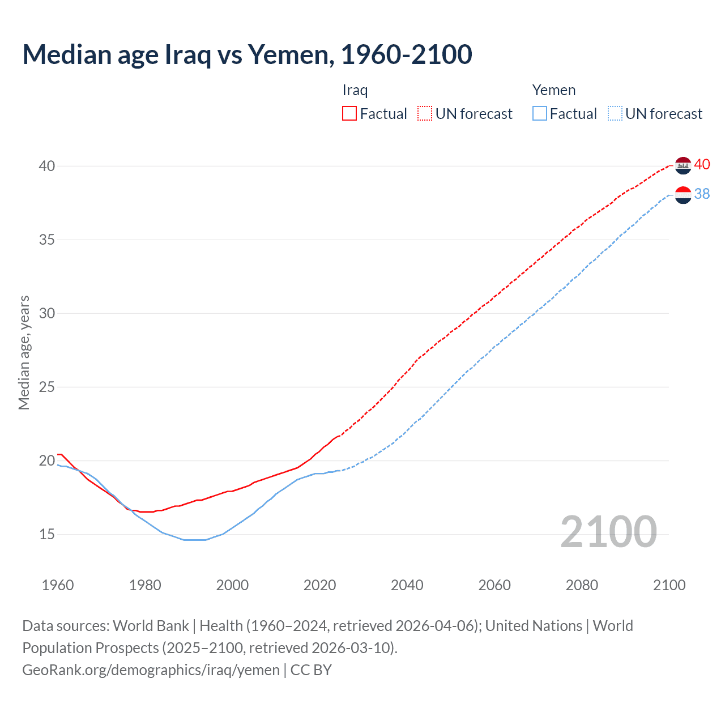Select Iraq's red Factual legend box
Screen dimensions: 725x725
(x=349, y=113)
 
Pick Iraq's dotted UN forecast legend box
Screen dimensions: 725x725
(x=425, y=113)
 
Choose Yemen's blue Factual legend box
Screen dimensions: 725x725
(x=540, y=113)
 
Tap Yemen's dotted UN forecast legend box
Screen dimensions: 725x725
(x=615, y=113)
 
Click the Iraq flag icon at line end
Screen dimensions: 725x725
(x=684, y=165)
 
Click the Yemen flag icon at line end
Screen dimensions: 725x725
(x=684, y=195)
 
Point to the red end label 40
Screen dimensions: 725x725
(x=702, y=164)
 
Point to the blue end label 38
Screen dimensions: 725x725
(x=702, y=194)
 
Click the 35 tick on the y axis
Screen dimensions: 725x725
(x=47, y=240)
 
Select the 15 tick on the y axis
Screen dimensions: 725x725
(x=47, y=534)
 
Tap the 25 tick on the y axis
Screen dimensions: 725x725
(x=47, y=387)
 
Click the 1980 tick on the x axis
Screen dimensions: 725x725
(x=145, y=585)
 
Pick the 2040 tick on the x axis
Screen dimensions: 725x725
(x=407, y=585)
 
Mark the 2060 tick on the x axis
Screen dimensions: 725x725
(x=494, y=585)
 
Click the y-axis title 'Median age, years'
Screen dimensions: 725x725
(x=24, y=352)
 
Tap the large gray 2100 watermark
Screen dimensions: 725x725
(x=608, y=532)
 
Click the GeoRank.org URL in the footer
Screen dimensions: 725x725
(x=151, y=669)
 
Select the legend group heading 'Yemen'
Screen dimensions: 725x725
(x=553, y=90)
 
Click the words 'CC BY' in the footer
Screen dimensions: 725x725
(x=311, y=669)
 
